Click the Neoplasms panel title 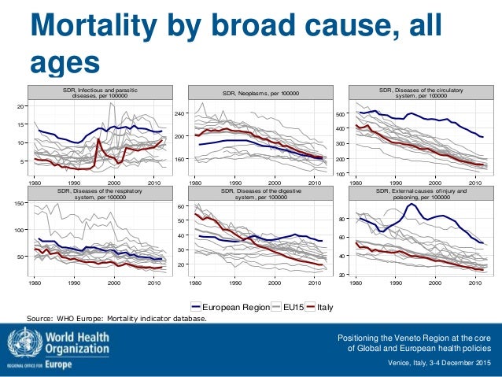[x=260, y=94]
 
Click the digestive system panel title [x=260, y=194]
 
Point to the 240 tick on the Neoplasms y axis [x=178, y=114]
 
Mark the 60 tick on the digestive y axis [x=180, y=207]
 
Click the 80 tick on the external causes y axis [x=344, y=218]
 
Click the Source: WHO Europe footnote [x=118, y=319]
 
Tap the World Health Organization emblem [x=20, y=345]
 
